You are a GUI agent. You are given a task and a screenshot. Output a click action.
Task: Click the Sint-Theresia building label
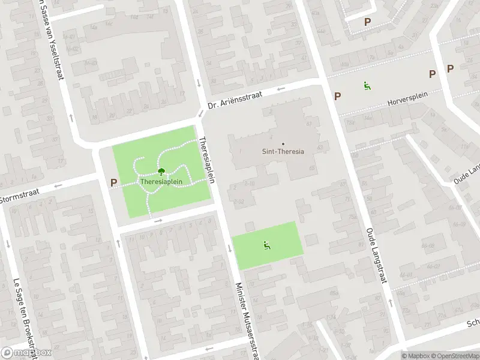[x=284, y=151]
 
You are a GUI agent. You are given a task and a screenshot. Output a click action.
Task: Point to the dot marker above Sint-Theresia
[x=283, y=143]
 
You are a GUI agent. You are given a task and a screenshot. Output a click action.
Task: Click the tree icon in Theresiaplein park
[x=160, y=172]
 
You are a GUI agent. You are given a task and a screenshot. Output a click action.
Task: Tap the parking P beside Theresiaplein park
[x=113, y=182]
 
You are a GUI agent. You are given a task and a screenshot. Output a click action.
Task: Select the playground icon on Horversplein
[x=366, y=86]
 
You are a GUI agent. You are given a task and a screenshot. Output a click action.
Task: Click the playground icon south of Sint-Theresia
[x=266, y=245]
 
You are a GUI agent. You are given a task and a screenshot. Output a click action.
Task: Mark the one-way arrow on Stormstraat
[x=58, y=185]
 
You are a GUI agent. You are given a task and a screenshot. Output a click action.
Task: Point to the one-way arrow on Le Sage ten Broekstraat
[x=7, y=244]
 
